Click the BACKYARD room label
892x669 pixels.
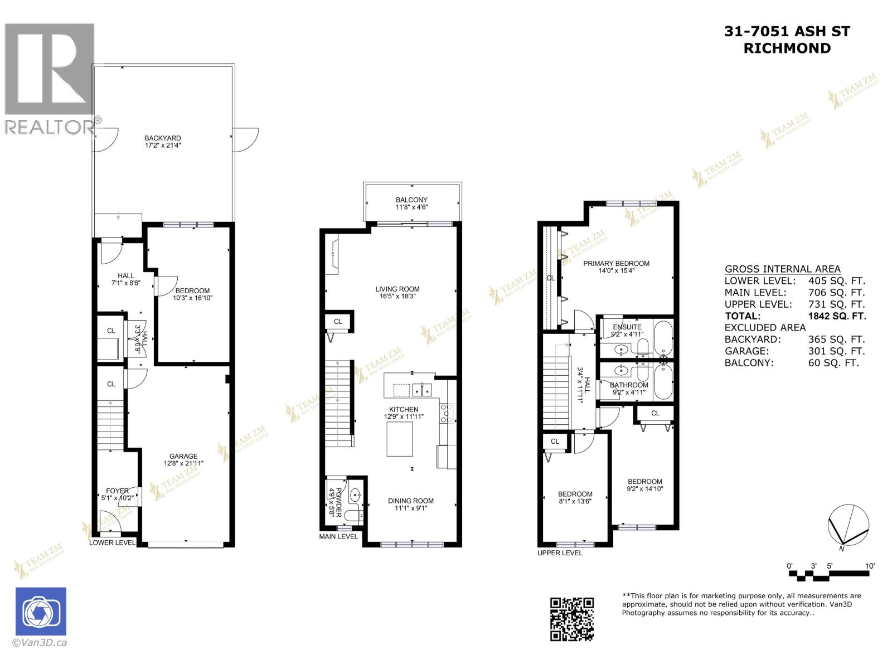(162, 138)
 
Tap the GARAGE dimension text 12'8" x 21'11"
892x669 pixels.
(183, 463)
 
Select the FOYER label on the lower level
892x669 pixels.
(117, 491)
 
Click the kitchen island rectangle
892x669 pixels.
(400, 439)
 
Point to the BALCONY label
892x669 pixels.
(411, 200)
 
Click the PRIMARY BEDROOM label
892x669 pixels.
(616, 263)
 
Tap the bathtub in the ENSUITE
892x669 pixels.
(663, 338)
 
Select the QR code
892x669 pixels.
(572, 619)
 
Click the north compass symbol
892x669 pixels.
(848, 525)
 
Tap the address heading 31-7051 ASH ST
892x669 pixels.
(787, 32)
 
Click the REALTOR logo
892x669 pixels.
(50, 78)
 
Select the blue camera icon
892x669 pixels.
(41, 612)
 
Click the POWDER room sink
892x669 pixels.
(355, 495)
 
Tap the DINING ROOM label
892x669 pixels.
(411, 501)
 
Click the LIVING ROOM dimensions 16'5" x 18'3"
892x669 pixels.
(397, 297)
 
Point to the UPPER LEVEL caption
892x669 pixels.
(560, 553)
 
